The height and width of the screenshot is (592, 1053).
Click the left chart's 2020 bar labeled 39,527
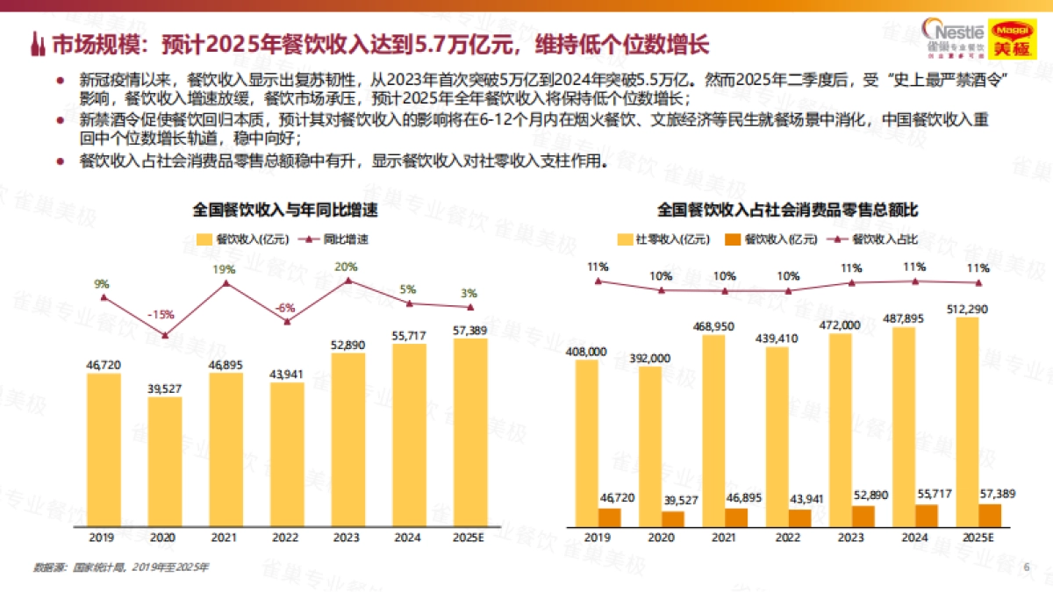tap(165, 460)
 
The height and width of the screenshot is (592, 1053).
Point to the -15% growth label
tap(160, 314)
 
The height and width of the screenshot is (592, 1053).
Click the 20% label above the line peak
tap(346, 267)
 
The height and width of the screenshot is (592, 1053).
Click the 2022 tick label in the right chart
tap(787, 536)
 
